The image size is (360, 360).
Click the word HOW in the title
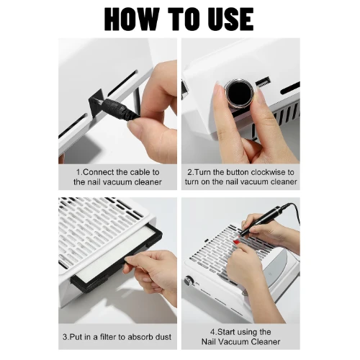(x=132, y=19)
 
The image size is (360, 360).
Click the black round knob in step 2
(x=239, y=93)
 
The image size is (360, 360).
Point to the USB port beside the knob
(x=264, y=82)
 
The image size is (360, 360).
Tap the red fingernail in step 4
(x=236, y=241)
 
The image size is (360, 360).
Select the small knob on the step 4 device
(x=189, y=282)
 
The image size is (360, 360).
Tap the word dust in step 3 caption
(x=163, y=337)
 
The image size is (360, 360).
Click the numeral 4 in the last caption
(x=212, y=332)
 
